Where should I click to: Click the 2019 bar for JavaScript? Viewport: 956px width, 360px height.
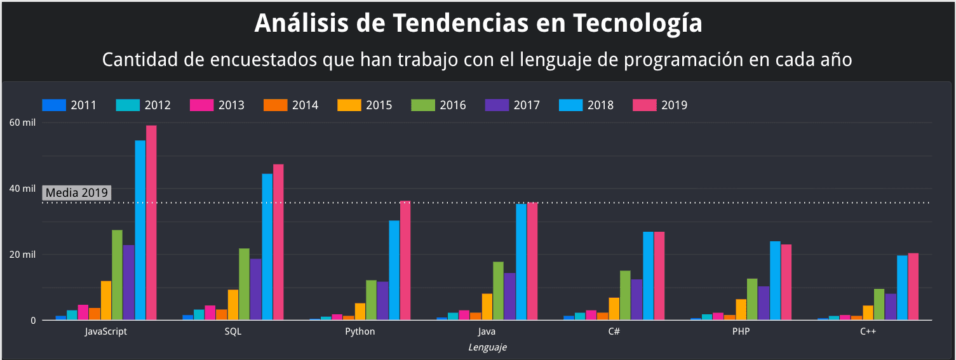(x=151, y=222)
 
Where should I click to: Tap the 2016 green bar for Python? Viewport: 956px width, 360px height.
(x=371, y=300)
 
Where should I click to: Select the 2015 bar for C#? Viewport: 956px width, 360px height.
(x=614, y=309)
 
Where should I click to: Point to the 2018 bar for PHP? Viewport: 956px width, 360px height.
(x=775, y=280)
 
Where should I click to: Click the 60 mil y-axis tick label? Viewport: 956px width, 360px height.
(x=23, y=123)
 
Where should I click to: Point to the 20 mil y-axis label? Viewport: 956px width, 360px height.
(x=23, y=255)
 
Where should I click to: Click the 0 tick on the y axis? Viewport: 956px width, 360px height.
(x=32, y=321)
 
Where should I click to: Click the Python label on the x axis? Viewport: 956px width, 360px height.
(x=360, y=332)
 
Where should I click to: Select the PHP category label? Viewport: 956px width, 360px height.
(x=741, y=332)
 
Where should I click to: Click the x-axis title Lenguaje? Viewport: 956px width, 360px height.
(x=487, y=347)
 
